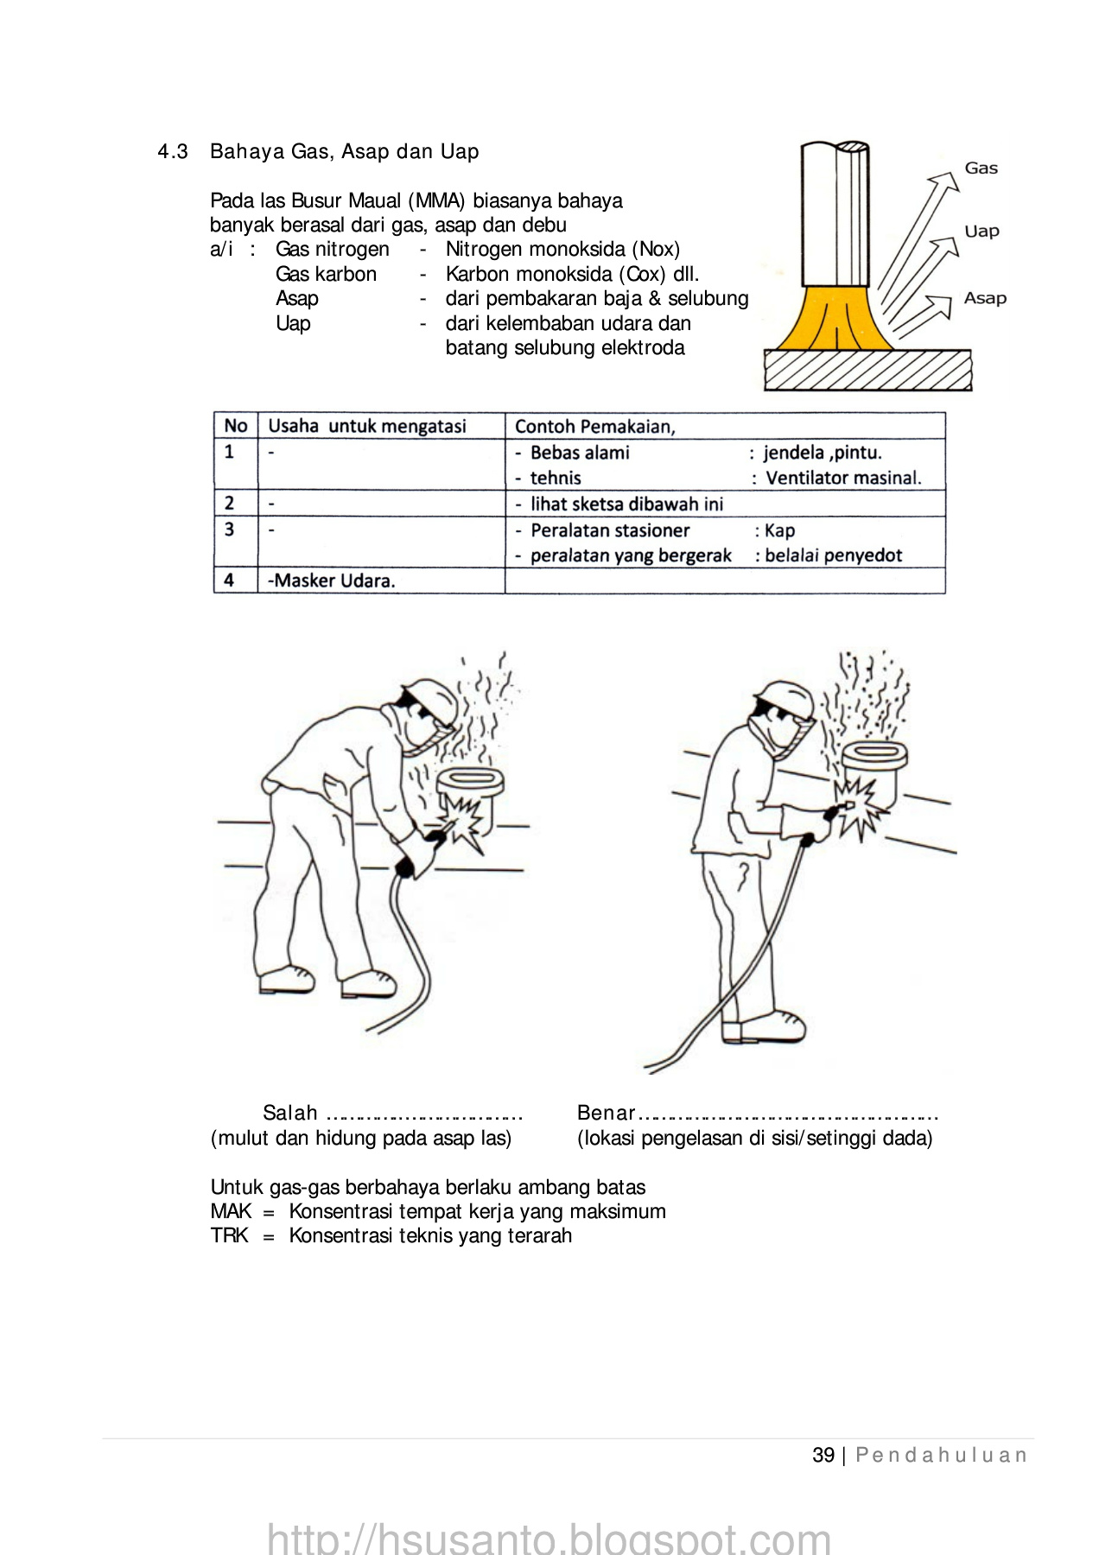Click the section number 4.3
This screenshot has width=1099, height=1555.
173,152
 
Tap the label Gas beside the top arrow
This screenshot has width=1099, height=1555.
981,168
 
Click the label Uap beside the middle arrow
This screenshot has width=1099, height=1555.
981,232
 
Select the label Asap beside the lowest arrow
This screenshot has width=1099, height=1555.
985,298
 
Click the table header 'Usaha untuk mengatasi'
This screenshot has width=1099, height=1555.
367,426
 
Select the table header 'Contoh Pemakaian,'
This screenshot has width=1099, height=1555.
595,427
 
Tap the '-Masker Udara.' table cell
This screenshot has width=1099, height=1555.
332,581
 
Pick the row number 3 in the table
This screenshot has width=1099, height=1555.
229,530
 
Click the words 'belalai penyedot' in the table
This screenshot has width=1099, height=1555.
833,555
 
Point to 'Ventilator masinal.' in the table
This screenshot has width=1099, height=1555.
843,478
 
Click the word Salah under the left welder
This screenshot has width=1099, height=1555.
290,1113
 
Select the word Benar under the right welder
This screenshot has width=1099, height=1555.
606,1113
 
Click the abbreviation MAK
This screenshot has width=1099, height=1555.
231,1211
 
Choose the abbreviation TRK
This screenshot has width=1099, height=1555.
229,1235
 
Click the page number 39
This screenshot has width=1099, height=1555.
823,1456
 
